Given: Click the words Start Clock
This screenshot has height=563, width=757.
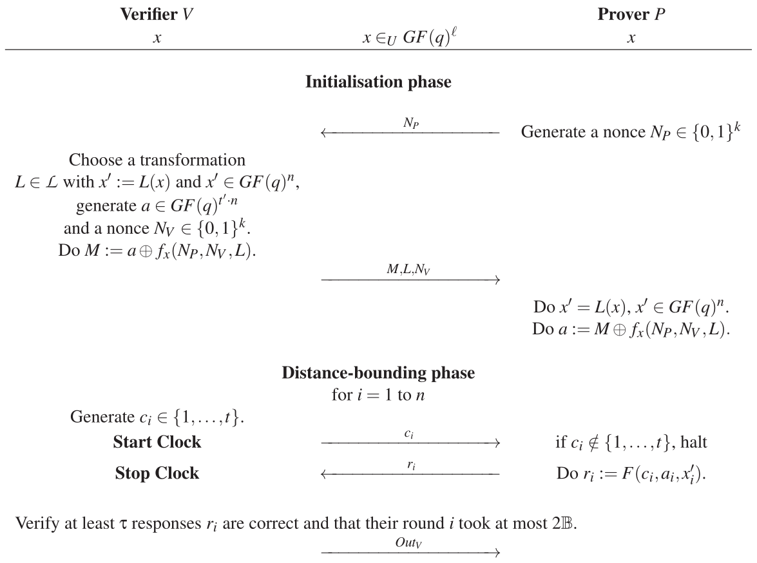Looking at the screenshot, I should (157, 443).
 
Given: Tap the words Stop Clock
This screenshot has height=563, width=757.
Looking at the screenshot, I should (157, 474).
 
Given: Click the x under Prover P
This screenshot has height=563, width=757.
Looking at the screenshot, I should (631, 39).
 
